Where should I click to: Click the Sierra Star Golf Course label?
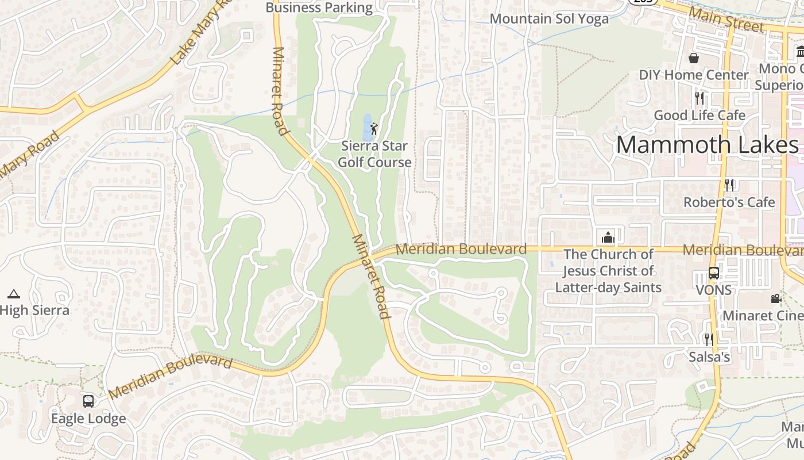(x=374, y=154)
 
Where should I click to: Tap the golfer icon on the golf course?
(x=374, y=128)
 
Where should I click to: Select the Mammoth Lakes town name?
(x=707, y=144)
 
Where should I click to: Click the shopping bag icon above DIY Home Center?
(x=694, y=58)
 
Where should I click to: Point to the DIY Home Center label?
(x=694, y=75)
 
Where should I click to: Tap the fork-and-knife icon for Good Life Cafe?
(x=699, y=98)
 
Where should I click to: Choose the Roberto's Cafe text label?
(x=729, y=202)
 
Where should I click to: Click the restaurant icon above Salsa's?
(x=709, y=340)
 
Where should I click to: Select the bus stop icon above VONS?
(x=713, y=273)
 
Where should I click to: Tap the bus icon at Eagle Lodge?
(x=88, y=401)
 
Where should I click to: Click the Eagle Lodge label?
(x=88, y=418)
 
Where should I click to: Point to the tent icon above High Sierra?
(x=14, y=294)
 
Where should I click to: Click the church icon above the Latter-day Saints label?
(x=608, y=237)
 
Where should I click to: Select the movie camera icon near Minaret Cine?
(x=776, y=299)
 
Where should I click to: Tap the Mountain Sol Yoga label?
(x=549, y=19)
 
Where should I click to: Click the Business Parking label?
(x=319, y=7)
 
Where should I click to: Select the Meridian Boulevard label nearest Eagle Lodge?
(x=170, y=377)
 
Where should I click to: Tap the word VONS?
(x=713, y=290)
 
